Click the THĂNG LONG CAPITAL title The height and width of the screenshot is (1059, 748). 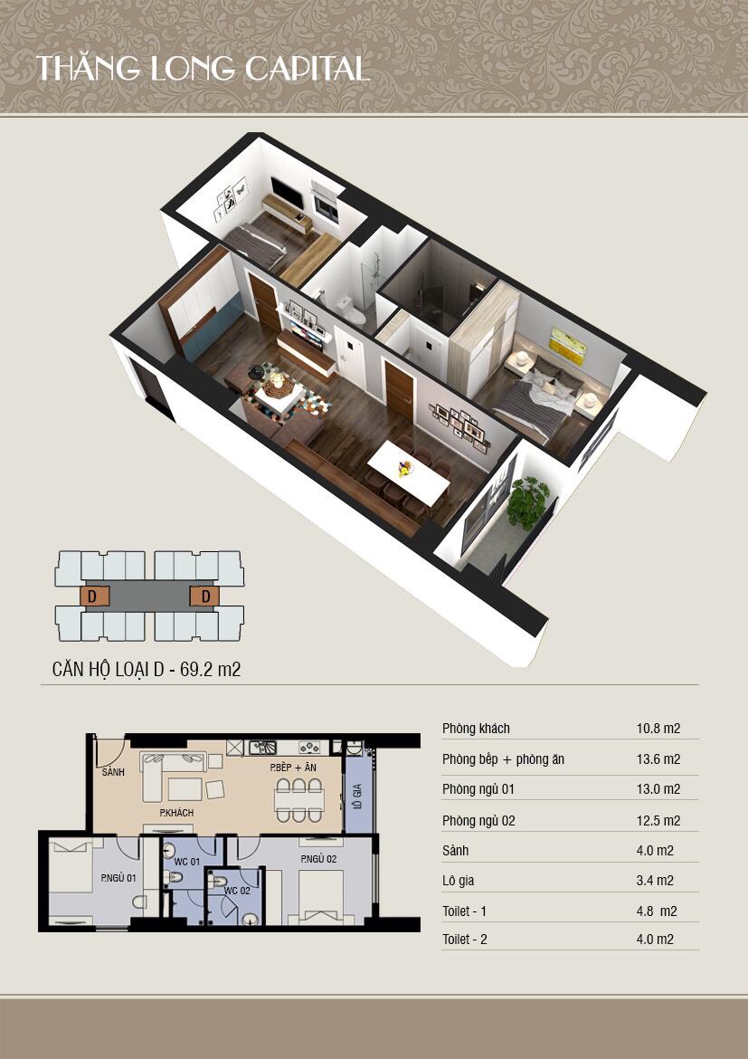pyautogui.click(x=202, y=69)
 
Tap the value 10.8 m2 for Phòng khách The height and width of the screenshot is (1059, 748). pyautogui.click(x=658, y=729)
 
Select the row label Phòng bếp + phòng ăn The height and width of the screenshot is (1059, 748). pyautogui.click(x=503, y=759)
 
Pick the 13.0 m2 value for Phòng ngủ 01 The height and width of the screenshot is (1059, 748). pyautogui.click(x=658, y=789)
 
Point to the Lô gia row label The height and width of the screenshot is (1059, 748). pyautogui.click(x=458, y=881)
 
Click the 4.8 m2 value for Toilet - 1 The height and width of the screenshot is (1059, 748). pyautogui.click(x=657, y=911)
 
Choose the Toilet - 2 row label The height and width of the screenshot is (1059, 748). pyautogui.click(x=465, y=940)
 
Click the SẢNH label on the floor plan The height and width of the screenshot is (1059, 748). pyautogui.click(x=113, y=772)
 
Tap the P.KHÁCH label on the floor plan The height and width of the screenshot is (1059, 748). pyautogui.click(x=176, y=813)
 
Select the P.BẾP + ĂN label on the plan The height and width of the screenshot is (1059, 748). pyautogui.click(x=293, y=768)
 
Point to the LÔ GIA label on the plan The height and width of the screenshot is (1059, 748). pyautogui.click(x=357, y=797)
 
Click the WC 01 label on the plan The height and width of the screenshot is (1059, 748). pyautogui.click(x=187, y=862)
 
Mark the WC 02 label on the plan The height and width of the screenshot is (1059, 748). pyautogui.click(x=237, y=891)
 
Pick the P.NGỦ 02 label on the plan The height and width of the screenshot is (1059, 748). pyautogui.click(x=318, y=859)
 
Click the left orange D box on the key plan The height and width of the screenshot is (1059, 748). pyautogui.click(x=94, y=596)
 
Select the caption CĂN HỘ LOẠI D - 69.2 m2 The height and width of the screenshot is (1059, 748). pyautogui.click(x=147, y=669)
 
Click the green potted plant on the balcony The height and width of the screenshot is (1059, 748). pyautogui.click(x=527, y=503)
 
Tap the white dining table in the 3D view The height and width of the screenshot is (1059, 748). pyautogui.click(x=409, y=472)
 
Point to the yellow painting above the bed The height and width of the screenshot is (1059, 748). pyautogui.click(x=567, y=347)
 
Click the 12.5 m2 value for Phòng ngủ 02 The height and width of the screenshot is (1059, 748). pyautogui.click(x=658, y=821)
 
